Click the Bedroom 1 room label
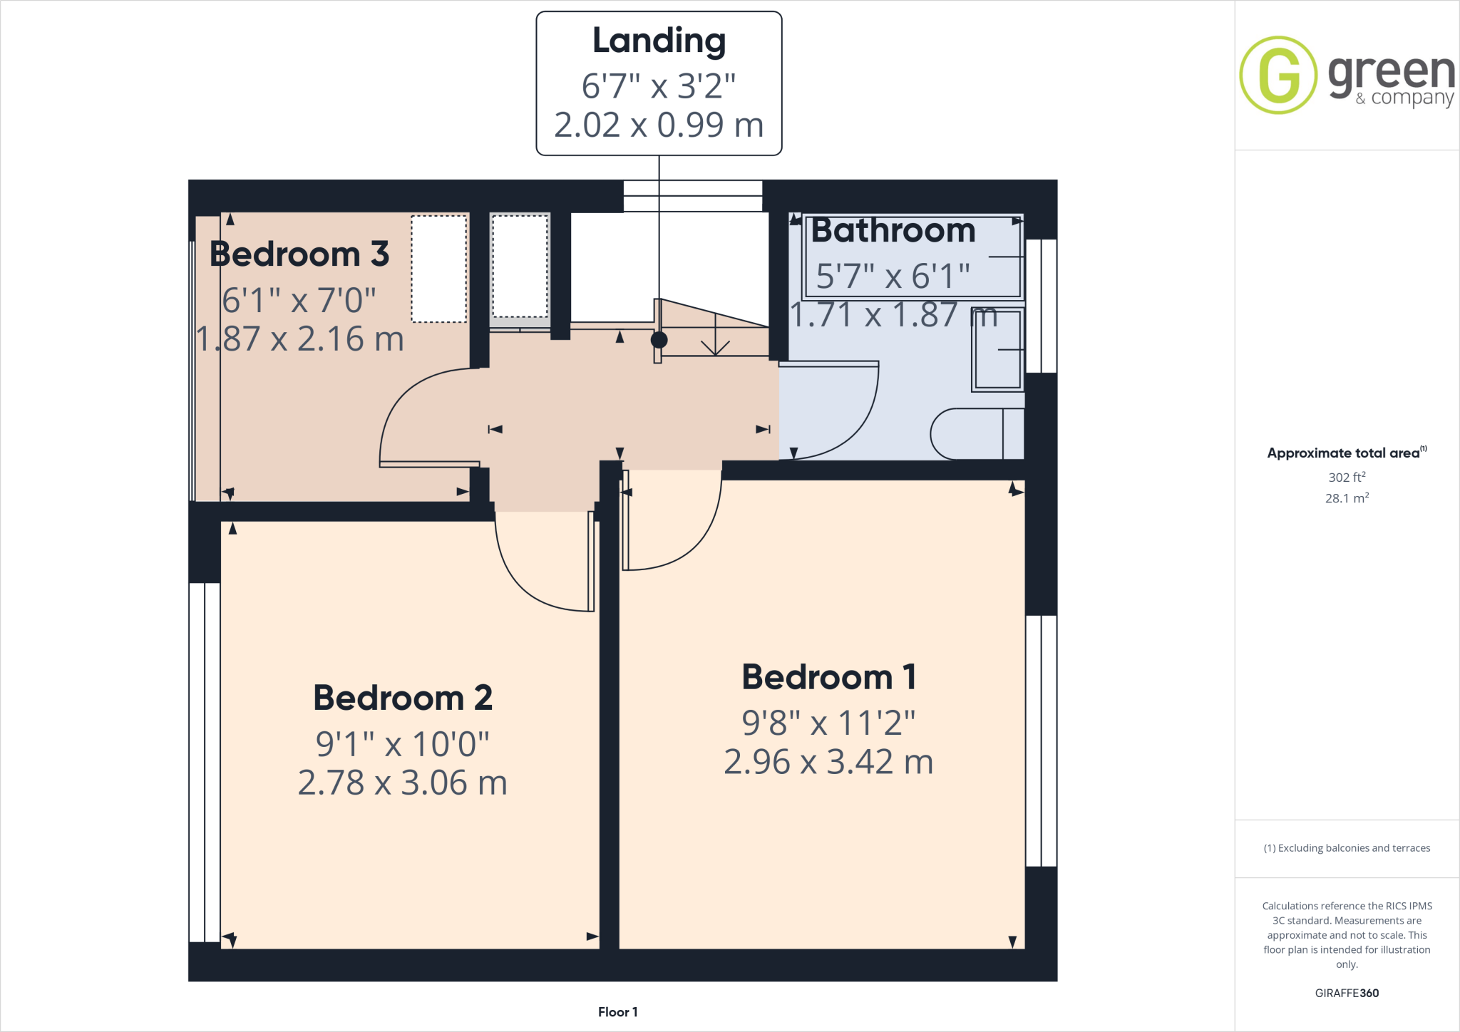click(828, 677)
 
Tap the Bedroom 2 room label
click(403, 698)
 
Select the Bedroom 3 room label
click(299, 254)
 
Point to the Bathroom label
click(893, 231)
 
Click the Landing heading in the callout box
click(659, 41)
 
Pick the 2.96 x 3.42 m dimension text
click(828, 762)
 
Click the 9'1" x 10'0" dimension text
click(403, 744)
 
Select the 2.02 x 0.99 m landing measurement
click(659, 125)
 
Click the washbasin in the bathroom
click(998, 350)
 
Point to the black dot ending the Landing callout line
click(659, 340)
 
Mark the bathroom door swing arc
click(855, 428)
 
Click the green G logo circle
click(1278, 75)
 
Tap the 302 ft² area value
click(1347, 478)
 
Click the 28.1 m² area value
click(1347, 498)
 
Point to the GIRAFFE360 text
click(1347, 993)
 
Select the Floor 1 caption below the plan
click(617, 1012)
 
